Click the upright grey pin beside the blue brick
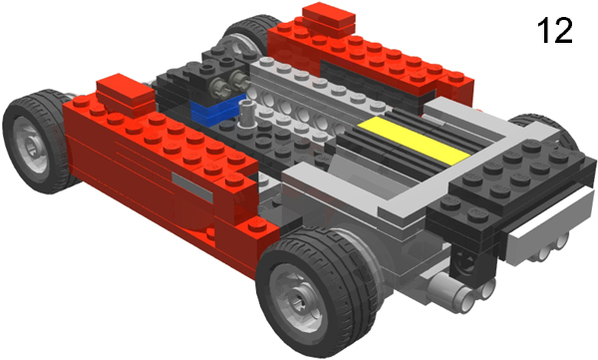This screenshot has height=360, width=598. point(244,114)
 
